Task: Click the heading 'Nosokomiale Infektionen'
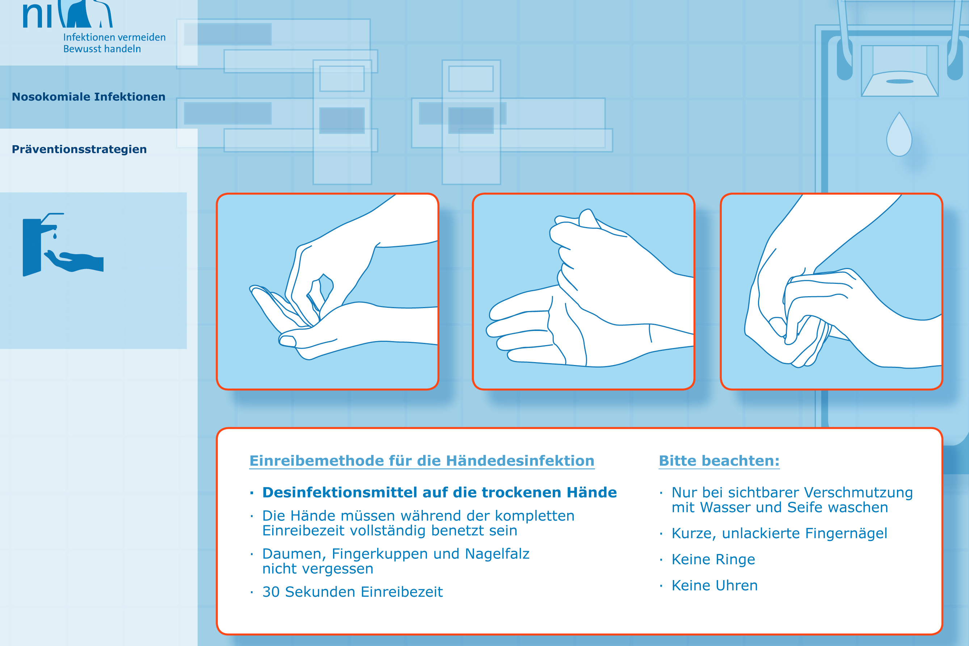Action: click(89, 97)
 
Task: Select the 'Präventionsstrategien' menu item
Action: click(79, 150)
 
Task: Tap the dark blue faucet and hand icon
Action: click(63, 245)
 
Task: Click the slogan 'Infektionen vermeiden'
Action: click(114, 37)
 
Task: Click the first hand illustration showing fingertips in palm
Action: click(327, 291)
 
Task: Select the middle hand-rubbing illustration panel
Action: click(583, 291)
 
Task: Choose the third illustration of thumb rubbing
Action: click(831, 291)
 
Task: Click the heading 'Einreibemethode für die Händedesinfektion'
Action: click(422, 461)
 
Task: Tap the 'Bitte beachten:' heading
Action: click(719, 461)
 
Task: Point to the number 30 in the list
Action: click(271, 592)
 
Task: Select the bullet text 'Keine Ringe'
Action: click(713, 559)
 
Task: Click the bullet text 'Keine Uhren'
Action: click(715, 586)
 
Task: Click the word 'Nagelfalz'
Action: click(497, 554)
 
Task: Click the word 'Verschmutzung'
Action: click(858, 493)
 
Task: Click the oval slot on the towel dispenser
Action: click(900, 81)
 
